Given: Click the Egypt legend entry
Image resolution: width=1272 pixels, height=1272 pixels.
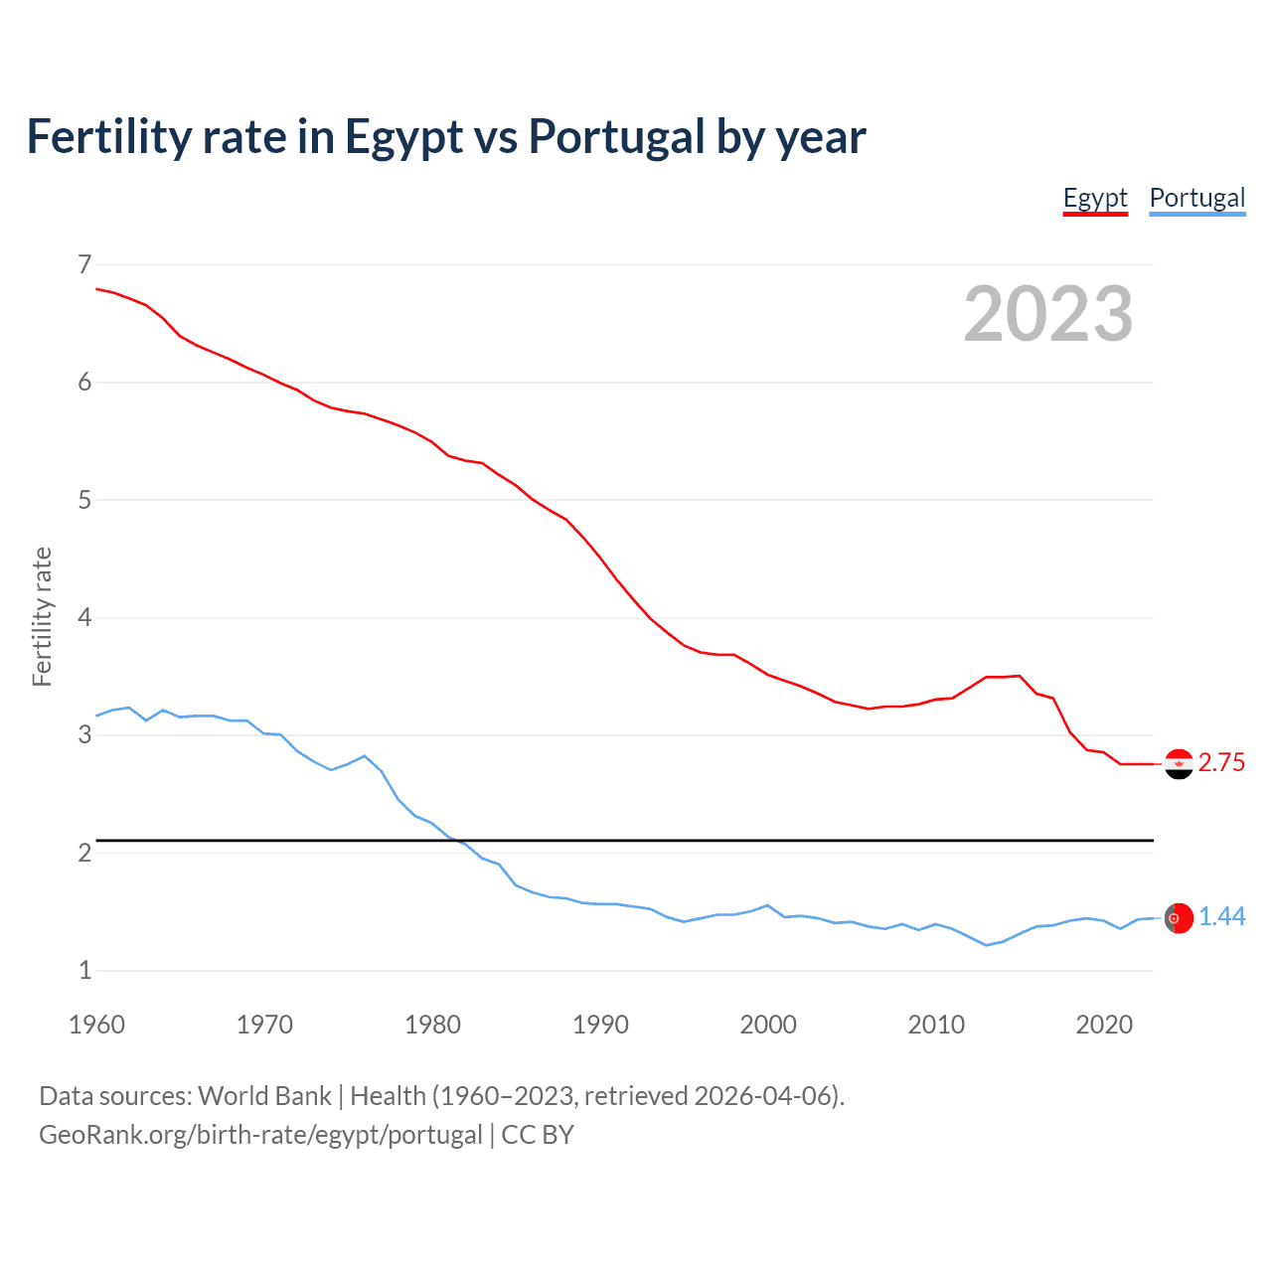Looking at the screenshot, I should coord(1095,198).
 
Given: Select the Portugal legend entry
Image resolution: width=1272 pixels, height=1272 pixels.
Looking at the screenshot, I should coord(1196,198).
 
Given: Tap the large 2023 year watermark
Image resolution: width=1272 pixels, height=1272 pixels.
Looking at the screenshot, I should coord(1047,314).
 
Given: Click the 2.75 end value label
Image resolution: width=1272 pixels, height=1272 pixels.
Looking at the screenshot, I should coord(1221,762).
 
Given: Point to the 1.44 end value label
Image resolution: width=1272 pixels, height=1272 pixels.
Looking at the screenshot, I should coord(1221,916).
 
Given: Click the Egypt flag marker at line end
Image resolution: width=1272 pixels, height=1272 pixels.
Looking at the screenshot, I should coord(1179,763).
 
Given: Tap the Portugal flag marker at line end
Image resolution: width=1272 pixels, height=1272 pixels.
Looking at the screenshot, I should coord(1179,918).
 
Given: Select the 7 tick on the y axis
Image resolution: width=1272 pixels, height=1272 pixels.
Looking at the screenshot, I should coord(84,264).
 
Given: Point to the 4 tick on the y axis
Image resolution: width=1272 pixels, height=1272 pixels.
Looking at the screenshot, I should coord(84,617).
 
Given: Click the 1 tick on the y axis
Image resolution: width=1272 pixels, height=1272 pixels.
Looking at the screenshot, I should coord(84,970).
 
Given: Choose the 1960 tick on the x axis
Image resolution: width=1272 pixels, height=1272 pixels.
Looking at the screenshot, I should coord(96,1025).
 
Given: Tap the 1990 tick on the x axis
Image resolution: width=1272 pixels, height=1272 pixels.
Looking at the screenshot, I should coord(600,1025).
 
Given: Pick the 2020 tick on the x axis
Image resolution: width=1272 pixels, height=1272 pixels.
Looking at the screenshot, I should coord(1104,1025).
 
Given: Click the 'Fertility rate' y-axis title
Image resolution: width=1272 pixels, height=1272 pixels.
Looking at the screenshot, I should coord(42,616).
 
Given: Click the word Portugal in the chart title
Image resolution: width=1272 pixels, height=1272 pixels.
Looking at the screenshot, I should coord(616,136).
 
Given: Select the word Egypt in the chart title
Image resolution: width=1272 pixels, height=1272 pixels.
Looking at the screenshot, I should coord(403,138).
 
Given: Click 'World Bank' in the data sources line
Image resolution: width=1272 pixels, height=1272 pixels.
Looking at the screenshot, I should coord(264,1096).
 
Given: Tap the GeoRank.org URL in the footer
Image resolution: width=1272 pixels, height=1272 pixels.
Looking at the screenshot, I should coord(260,1135).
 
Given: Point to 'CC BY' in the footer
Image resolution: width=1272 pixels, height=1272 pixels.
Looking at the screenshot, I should coord(538,1135).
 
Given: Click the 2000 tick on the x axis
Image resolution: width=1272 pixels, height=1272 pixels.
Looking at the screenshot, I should coord(768,1025).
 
